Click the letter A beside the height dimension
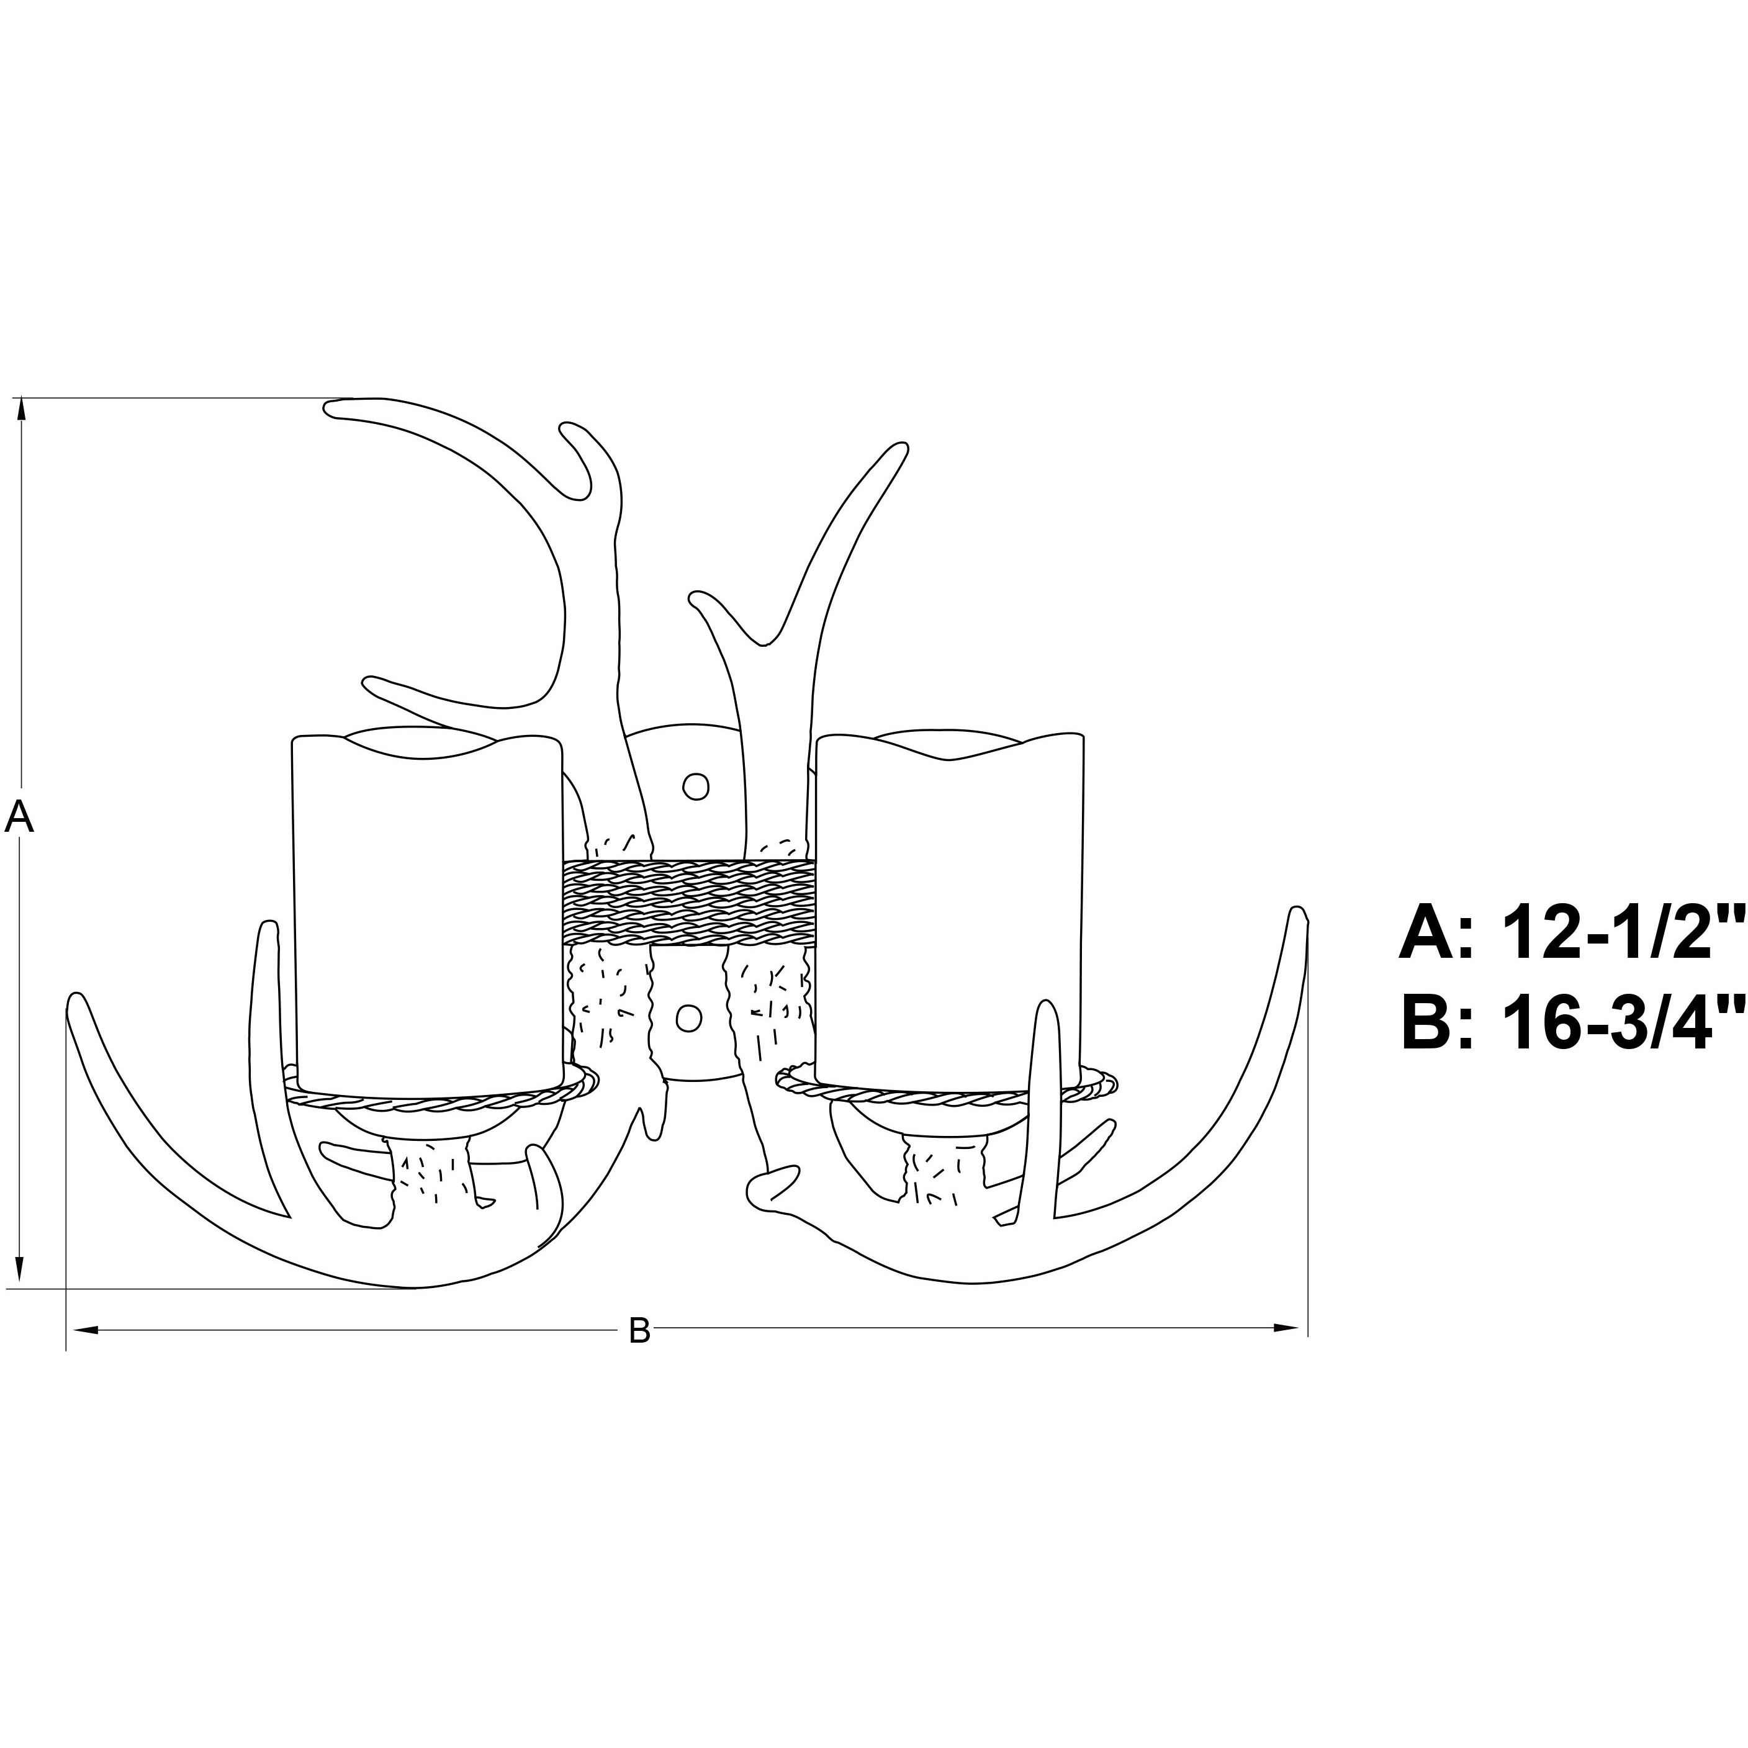coord(19,818)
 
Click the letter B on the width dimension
coord(639,1330)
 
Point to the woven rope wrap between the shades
coord(688,901)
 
